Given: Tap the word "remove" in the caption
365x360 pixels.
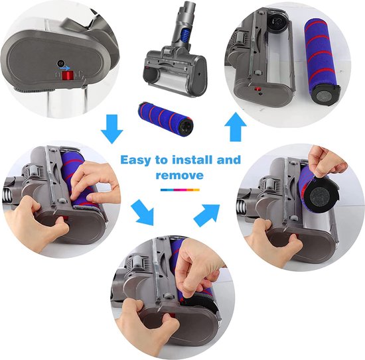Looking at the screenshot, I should tap(179, 176).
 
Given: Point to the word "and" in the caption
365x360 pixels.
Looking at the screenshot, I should tap(228, 160).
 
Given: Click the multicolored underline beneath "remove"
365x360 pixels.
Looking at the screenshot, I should tap(180, 189).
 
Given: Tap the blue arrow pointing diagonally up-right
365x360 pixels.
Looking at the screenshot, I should tap(208, 213).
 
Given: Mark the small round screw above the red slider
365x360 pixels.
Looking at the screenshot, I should tap(60, 64).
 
